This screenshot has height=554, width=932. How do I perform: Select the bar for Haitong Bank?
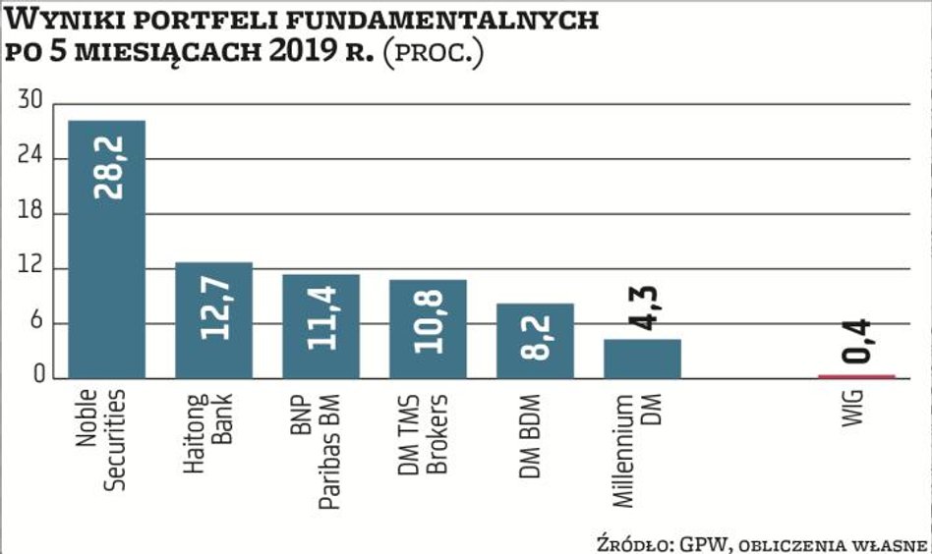[213, 320]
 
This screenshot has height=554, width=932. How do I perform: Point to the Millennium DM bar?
[642, 359]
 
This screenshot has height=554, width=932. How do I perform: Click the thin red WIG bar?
[857, 376]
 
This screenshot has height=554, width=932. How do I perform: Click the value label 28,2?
[107, 167]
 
